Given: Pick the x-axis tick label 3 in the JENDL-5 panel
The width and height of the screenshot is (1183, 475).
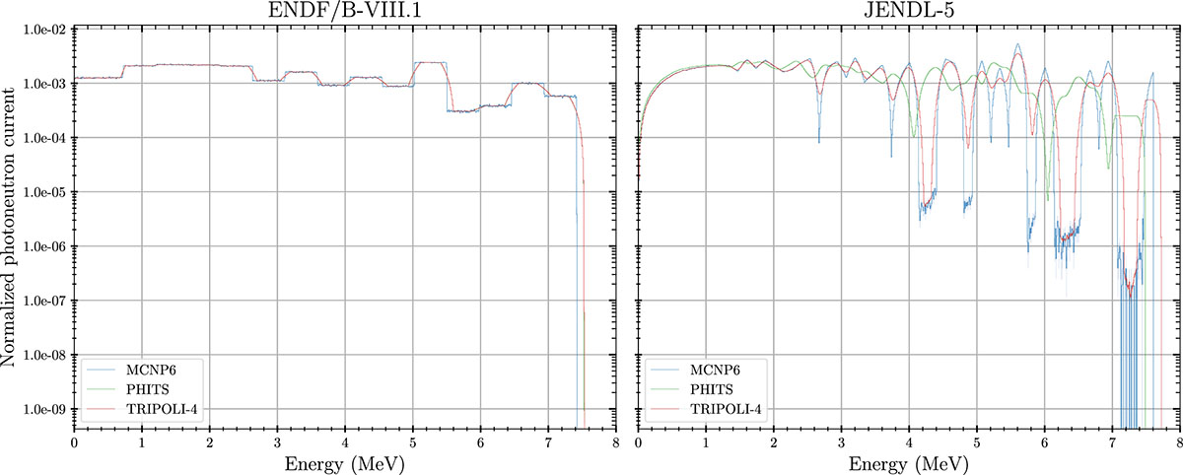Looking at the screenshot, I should [841, 441].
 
